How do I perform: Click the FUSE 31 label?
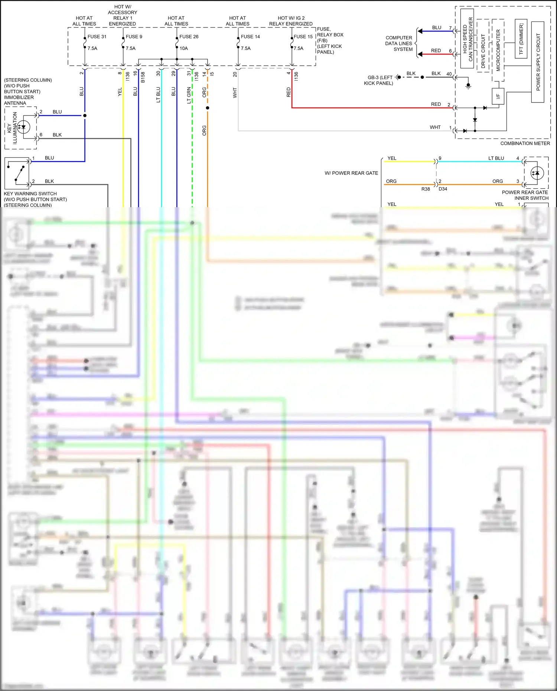pyautogui.click(x=97, y=36)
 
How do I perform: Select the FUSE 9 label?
pyautogui.click(x=134, y=36)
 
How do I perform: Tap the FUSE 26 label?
pyautogui.click(x=189, y=36)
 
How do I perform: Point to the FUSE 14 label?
pyautogui.click(x=250, y=36)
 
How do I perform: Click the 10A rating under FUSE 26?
pyautogui.click(x=184, y=48)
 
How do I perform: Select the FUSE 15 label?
pyautogui.click(x=303, y=36)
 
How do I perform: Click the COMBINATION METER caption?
pyautogui.click(x=525, y=143)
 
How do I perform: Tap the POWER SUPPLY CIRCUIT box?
pyautogui.click(x=538, y=62)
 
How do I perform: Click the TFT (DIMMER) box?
pyautogui.click(x=521, y=39)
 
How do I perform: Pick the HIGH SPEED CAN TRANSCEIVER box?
pyautogui.click(x=467, y=39)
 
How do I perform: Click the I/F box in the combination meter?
pyautogui.click(x=498, y=96)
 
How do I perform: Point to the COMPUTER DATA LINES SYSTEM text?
pyautogui.click(x=399, y=43)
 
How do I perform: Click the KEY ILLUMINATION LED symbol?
pyautogui.click(x=23, y=127)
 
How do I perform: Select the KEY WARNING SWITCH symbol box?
pyautogui.click(x=17, y=173)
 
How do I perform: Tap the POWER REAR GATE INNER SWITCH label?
pyautogui.click(x=525, y=195)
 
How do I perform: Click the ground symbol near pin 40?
pyautogui.click(x=468, y=86)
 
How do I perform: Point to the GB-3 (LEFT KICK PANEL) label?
pyautogui.click(x=379, y=80)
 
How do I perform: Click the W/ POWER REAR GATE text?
pyautogui.click(x=351, y=173)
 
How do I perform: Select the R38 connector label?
pyautogui.click(x=426, y=189)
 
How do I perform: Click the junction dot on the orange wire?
pyautogui.click(x=208, y=108)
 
